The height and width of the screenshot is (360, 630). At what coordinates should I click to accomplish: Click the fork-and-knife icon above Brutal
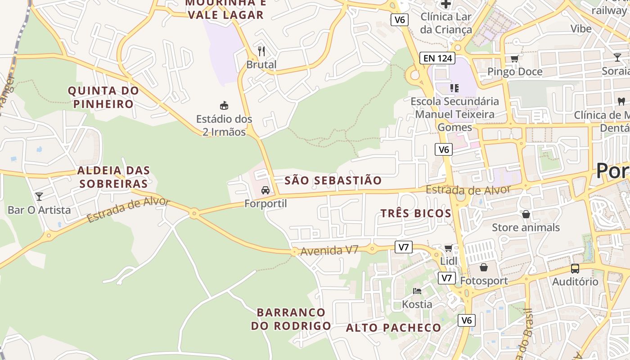[x=261, y=51]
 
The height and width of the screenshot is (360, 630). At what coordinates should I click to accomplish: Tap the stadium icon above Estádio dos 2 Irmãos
[x=224, y=106]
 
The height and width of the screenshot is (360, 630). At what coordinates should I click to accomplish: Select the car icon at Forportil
[x=265, y=190]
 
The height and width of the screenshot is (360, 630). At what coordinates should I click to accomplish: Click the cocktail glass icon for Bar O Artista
[x=39, y=196]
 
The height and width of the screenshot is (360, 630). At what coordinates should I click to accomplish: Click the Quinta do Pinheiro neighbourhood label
[x=103, y=97]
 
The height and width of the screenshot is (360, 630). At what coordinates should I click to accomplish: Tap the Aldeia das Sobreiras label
[x=113, y=177]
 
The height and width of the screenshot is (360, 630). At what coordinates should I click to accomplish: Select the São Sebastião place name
[x=333, y=181]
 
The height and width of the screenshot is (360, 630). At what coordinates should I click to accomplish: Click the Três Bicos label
[x=416, y=213]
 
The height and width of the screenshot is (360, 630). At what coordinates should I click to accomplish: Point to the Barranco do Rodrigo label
[x=291, y=319]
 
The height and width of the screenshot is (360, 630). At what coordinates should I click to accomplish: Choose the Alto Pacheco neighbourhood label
[x=393, y=328]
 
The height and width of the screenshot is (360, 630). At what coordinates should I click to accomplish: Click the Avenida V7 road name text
[x=329, y=250]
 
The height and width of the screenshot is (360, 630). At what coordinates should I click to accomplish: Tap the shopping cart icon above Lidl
[x=449, y=248]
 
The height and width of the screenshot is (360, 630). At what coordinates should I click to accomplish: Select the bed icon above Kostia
[x=417, y=291]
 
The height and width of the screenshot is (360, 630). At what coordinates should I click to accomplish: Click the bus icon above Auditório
[x=575, y=269]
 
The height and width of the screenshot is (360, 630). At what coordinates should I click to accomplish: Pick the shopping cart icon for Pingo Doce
[x=514, y=58]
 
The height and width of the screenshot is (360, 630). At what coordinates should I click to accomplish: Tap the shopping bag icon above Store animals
[x=526, y=214]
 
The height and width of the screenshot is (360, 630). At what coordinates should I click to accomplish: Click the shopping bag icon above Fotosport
[x=484, y=268]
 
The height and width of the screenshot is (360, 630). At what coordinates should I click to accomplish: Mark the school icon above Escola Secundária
[x=454, y=88]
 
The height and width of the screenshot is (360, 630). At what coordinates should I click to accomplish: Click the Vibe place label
[x=581, y=29]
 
